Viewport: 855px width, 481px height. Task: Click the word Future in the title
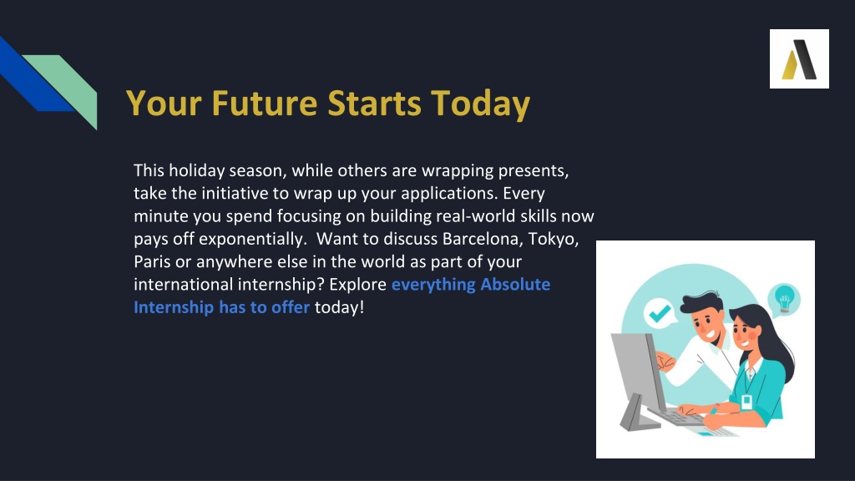click(265, 103)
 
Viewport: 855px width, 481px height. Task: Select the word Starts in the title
click(374, 103)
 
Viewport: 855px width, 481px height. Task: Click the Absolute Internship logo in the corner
click(799, 59)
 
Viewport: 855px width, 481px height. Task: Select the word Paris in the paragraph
click(152, 261)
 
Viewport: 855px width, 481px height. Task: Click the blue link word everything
click(433, 285)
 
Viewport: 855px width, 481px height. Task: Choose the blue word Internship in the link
click(174, 307)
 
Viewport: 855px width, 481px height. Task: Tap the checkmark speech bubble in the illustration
click(660, 313)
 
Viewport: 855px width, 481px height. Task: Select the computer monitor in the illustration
click(639, 379)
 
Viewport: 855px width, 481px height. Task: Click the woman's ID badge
click(746, 402)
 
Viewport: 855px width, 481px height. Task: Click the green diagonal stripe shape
click(65, 87)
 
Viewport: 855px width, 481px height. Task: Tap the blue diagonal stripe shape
click(33, 76)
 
